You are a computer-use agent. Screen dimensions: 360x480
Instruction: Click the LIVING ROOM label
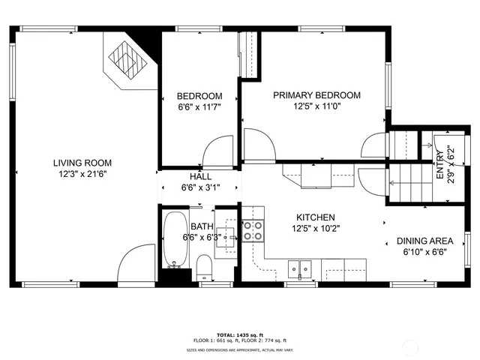82,163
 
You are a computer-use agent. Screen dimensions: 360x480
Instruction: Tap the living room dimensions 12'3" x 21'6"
82,174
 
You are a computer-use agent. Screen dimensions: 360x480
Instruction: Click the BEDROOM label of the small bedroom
199,96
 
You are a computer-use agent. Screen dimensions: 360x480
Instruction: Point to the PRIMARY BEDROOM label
316,95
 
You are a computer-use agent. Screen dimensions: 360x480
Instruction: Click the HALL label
200,177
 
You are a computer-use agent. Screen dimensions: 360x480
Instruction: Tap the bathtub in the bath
177,238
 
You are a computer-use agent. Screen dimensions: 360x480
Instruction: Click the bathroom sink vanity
230,236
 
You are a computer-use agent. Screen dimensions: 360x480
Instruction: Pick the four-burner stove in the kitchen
253,231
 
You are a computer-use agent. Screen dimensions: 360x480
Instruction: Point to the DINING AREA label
425,241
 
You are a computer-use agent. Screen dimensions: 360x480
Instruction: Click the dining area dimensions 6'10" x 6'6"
424,253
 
